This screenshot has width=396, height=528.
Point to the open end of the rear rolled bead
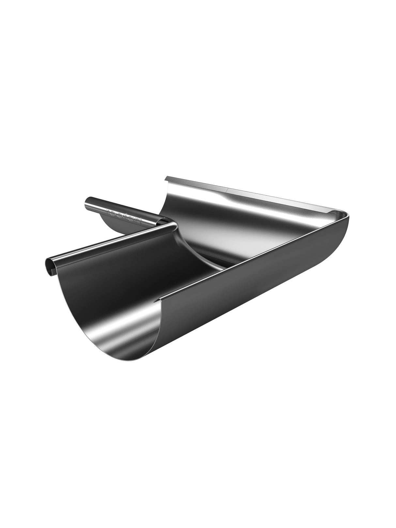pos(88,202)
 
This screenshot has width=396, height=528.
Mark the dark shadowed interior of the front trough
pos(157,267)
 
